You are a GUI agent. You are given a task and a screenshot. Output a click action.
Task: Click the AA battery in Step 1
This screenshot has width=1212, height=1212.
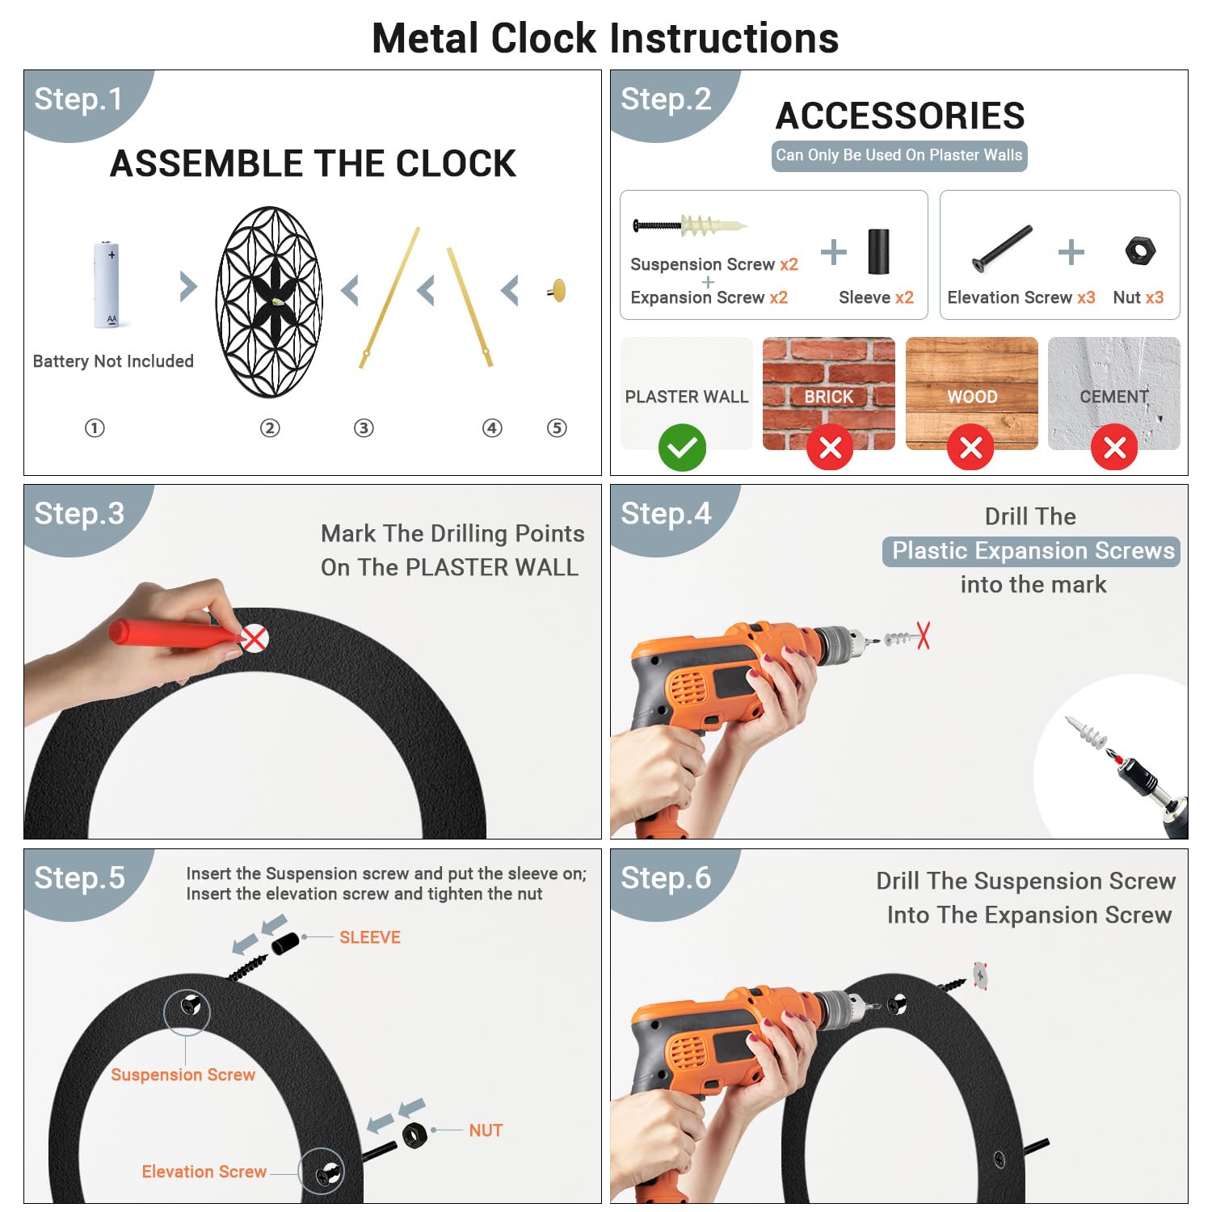tap(107, 284)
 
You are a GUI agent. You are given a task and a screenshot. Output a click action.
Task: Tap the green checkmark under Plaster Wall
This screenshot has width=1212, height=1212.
tap(682, 447)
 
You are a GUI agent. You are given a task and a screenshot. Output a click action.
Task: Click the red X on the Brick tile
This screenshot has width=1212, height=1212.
tap(830, 447)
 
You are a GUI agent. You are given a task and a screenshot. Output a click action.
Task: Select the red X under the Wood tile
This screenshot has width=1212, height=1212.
tap(970, 447)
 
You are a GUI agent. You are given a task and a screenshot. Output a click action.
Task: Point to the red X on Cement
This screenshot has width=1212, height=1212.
tap(1114, 447)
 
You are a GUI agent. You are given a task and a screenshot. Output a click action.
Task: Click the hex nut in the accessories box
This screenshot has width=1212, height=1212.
tap(1140, 250)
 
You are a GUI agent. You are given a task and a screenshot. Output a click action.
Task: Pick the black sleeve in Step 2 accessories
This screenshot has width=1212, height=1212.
tap(878, 251)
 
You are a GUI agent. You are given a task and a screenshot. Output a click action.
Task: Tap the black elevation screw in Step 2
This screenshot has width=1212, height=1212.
tap(1002, 249)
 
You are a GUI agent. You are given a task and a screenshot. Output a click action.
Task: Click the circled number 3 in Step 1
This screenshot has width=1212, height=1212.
tap(364, 428)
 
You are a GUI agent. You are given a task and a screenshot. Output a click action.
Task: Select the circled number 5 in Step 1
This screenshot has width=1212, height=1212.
tap(557, 428)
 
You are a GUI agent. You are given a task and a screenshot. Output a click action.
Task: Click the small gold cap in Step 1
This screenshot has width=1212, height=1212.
tap(558, 290)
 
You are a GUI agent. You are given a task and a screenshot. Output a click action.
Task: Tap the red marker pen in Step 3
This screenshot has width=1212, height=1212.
tap(174, 633)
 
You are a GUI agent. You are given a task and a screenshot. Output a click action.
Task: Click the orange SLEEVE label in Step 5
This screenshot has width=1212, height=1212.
tap(370, 937)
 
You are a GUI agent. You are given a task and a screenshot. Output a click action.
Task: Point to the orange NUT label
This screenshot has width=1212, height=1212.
tap(486, 1130)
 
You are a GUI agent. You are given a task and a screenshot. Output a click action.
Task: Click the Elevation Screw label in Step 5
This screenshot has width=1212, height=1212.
tap(204, 1172)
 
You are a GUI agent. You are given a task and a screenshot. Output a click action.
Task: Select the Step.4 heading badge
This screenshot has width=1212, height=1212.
tap(666, 514)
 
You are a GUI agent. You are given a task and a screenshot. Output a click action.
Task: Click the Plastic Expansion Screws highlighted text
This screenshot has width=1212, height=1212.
tap(1032, 551)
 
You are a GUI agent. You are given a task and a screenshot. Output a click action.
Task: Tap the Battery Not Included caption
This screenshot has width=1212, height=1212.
tap(113, 361)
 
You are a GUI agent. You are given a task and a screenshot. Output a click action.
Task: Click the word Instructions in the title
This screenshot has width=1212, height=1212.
tap(724, 39)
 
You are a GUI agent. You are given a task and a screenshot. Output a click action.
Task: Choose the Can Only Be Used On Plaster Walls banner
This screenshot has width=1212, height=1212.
tap(899, 155)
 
